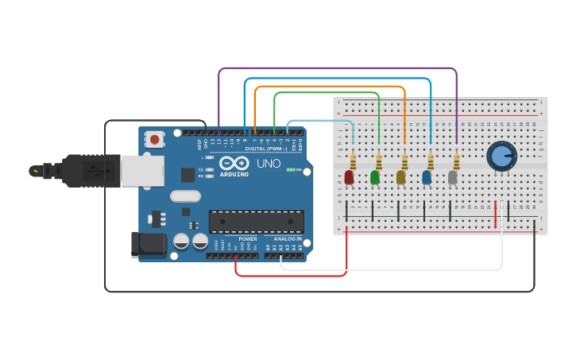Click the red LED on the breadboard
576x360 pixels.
point(349,176)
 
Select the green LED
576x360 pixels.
point(374,176)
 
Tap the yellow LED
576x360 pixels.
point(400,176)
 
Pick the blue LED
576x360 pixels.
point(427,176)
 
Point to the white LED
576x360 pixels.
point(452,176)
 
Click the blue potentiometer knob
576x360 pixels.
point(501,156)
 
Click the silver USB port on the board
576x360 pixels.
point(143,171)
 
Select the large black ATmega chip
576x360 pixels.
point(256,221)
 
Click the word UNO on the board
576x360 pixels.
point(269,163)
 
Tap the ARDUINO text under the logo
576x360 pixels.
point(234,174)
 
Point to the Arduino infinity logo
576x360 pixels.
point(234,163)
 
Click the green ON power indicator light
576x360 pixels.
point(291,169)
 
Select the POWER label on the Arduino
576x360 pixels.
point(248,238)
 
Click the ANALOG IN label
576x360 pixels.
point(288,238)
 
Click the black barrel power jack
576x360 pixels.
point(149,244)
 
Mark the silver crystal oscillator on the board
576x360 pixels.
point(185,195)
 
